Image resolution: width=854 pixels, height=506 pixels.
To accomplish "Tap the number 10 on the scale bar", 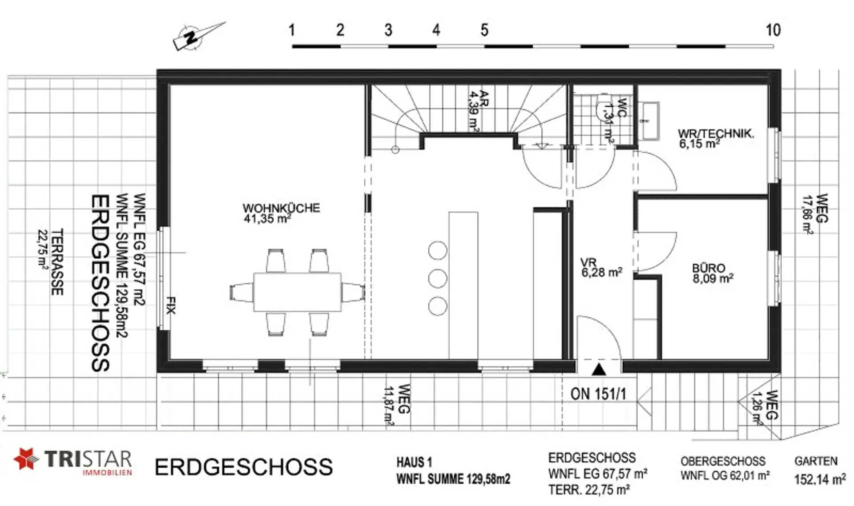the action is click(x=773, y=30).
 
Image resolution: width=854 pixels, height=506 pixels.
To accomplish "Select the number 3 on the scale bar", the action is click(x=388, y=30).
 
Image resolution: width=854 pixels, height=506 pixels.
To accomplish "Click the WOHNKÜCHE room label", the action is click(x=281, y=208).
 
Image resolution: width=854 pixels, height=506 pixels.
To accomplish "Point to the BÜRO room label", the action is click(x=709, y=268).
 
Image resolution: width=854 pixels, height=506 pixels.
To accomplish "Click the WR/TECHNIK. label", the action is click(x=716, y=133).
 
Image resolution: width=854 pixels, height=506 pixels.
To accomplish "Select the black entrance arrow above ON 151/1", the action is click(x=599, y=369).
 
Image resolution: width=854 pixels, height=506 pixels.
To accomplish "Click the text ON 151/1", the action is click(x=598, y=394).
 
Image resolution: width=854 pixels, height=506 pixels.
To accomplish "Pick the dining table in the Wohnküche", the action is click(x=298, y=292).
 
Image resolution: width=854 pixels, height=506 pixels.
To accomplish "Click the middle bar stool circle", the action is click(x=438, y=278).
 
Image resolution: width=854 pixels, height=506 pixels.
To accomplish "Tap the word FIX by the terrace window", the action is click(x=171, y=305).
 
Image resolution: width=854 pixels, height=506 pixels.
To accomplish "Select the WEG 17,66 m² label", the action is click(x=815, y=214).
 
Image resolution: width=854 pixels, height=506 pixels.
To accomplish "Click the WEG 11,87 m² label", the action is click(x=396, y=405).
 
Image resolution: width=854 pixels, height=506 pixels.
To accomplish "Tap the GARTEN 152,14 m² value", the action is click(x=820, y=480).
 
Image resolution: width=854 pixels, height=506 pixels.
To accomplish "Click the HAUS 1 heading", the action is click(x=414, y=462).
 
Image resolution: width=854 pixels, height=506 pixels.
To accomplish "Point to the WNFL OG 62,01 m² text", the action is click(x=725, y=476).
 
